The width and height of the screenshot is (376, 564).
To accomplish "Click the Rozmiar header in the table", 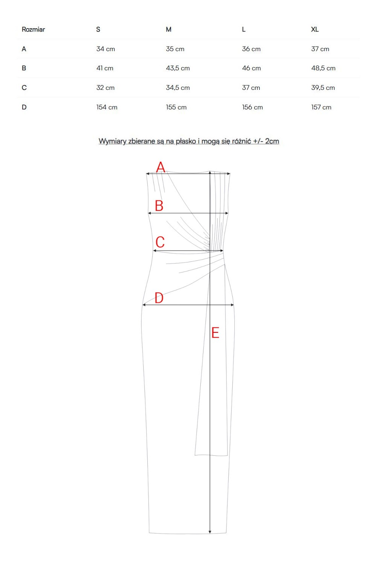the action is pyautogui.click(x=33, y=29).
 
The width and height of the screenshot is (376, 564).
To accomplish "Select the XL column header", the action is pyautogui.click(x=315, y=29).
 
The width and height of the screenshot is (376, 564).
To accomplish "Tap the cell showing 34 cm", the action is pyautogui.click(x=106, y=49).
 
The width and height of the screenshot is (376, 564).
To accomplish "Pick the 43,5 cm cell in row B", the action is pyautogui.click(x=178, y=68).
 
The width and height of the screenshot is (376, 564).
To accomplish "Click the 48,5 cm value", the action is pyautogui.click(x=323, y=68).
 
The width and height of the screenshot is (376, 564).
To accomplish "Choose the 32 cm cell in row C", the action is pyautogui.click(x=106, y=88).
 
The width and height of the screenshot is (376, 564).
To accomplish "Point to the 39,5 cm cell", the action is pyautogui.click(x=323, y=88).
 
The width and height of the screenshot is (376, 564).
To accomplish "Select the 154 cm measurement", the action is pyautogui.click(x=107, y=107).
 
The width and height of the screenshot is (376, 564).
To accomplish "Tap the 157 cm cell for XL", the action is pyautogui.click(x=321, y=107).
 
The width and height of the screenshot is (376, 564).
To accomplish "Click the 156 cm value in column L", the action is pyautogui.click(x=253, y=107).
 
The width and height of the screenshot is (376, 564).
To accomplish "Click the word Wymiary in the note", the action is pyautogui.click(x=112, y=141).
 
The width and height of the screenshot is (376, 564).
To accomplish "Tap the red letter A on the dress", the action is pyautogui.click(x=161, y=167).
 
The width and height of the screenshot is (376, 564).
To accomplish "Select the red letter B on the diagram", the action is pyautogui.click(x=159, y=206).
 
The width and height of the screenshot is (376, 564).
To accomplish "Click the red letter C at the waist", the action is pyautogui.click(x=160, y=242).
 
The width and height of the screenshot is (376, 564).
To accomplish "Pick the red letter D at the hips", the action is pyautogui.click(x=159, y=298).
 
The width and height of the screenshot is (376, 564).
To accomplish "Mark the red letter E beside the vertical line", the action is pyautogui.click(x=215, y=333).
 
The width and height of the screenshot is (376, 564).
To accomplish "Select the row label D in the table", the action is pyautogui.click(x=24, y=107).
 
